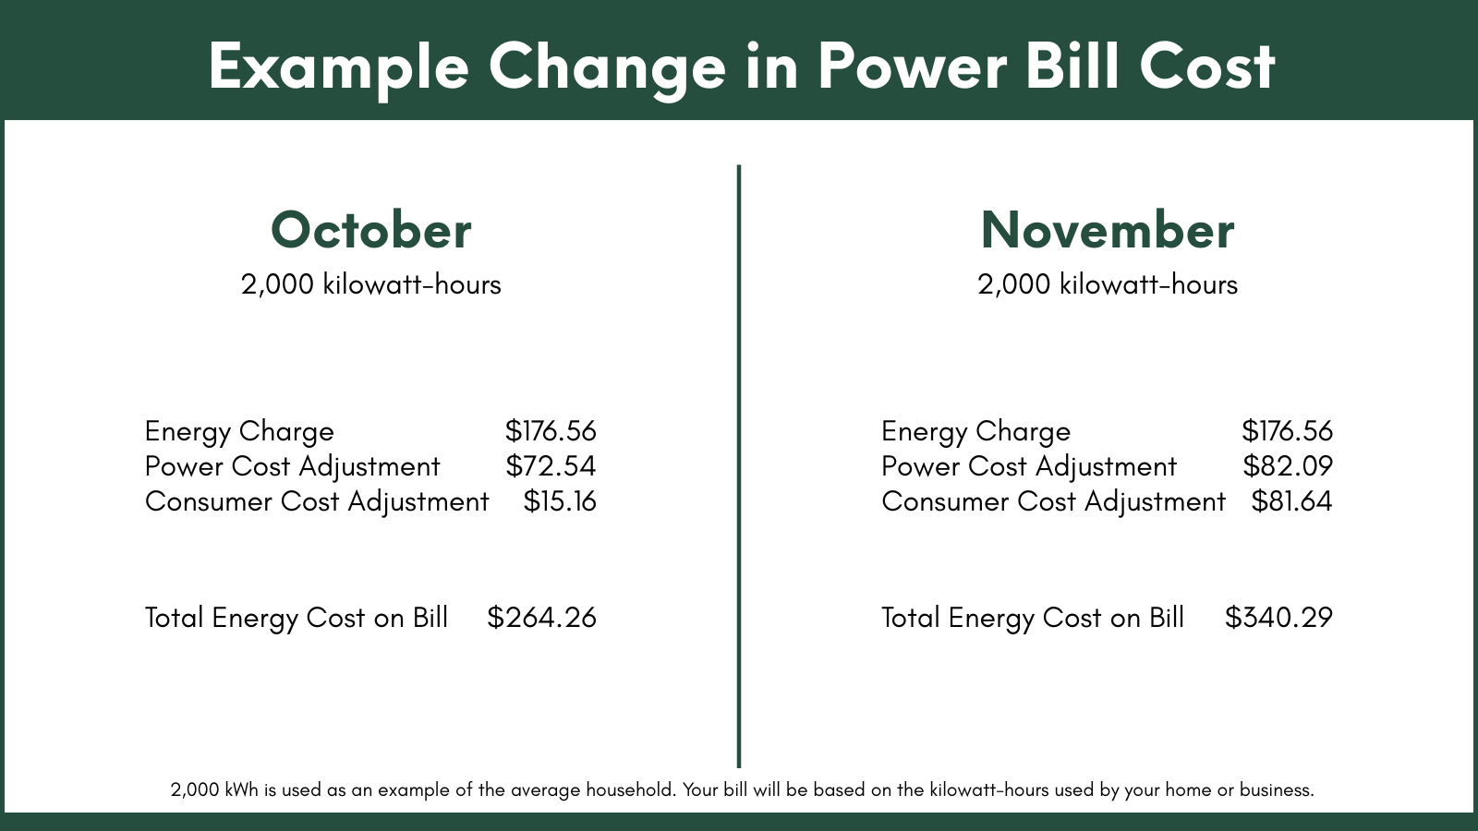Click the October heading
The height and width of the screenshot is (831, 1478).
tap(370, 230)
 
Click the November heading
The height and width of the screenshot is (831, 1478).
tap(1107, 230)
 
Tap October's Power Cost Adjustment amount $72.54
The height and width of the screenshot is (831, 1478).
tap(551, 466)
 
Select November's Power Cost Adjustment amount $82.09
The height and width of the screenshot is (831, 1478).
tap(1287, 466)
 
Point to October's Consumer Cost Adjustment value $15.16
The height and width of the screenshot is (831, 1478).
tap(560, 501)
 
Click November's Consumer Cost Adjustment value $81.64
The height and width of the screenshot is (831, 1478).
tap(1291, 501)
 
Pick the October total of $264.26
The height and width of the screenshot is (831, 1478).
tap(541, 618)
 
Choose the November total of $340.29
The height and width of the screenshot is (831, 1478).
tap(1278, 618)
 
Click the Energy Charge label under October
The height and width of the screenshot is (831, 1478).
tap(239, 432)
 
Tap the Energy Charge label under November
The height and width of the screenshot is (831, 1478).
tap(975, 432)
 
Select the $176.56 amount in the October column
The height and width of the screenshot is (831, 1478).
tap(551, 431)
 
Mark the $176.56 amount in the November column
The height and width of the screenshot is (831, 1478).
tap(1287, 431)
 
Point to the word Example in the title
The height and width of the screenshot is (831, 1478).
tap(338, 66)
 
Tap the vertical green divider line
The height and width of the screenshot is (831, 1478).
tap(739, 462)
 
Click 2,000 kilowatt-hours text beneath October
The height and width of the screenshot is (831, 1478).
tap(370, 284)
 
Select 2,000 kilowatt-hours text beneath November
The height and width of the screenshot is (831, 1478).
tap(1107, 284)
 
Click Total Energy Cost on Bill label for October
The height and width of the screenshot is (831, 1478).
tap(297, 618)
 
